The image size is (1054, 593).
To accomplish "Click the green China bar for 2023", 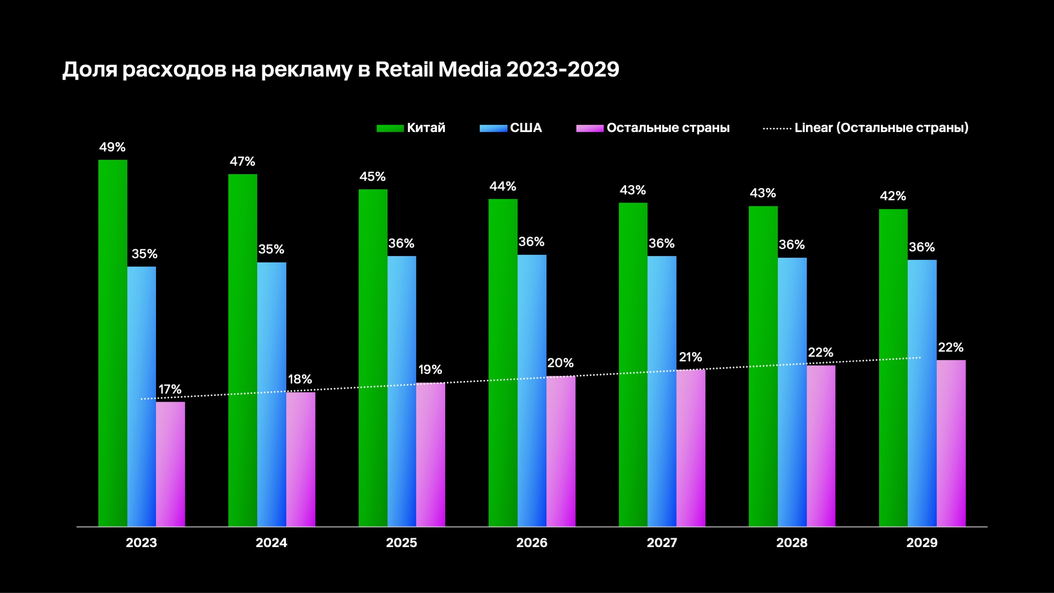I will [113, 342].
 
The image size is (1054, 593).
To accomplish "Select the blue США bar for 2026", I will [532, 390].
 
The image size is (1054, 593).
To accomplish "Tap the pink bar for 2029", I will [951, 443].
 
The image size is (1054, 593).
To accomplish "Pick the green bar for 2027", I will [633, 364].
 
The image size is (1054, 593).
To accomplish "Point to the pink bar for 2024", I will [301, 459].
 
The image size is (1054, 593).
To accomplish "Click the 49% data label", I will [112, 147].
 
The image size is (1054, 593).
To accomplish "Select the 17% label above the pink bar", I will [170, 389].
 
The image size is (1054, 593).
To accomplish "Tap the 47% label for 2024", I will [242, 162].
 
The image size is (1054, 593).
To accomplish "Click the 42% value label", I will [893, 196].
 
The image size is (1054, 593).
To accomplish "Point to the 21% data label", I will [690, 357].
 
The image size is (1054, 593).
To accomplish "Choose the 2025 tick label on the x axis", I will [401, 543].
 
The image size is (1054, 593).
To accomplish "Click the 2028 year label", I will [792, 543].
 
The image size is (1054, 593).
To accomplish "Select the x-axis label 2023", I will [141, 543].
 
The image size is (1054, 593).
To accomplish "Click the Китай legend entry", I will [426, 128].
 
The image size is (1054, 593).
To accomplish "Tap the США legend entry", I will [526, 128].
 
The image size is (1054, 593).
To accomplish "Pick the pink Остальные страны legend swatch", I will [590, 128].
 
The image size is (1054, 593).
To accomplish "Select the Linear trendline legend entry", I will [881, 128].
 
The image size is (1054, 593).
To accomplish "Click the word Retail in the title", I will [404, 69].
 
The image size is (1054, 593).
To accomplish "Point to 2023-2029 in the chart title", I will [562, 69].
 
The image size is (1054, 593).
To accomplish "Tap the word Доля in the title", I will [90, 70].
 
